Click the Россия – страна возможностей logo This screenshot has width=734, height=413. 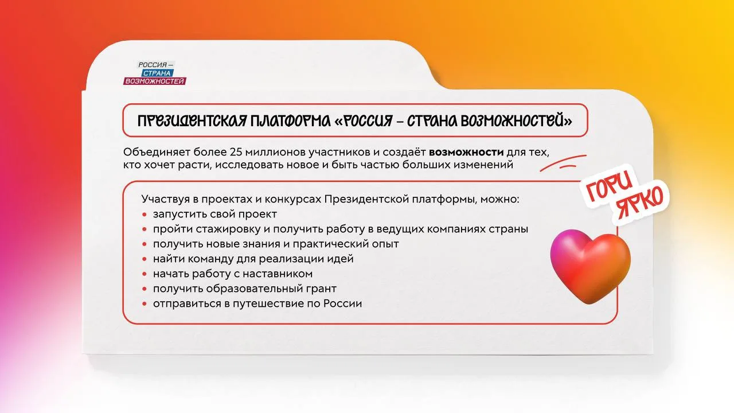coord(155,73)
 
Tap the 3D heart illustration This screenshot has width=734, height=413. coord(590,266)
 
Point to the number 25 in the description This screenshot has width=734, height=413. coord(235,152)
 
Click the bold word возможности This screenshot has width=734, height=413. coord(466,152)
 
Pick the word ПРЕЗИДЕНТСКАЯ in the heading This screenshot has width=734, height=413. coord(192,121)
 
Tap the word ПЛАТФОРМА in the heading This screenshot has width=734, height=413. coord(291,121)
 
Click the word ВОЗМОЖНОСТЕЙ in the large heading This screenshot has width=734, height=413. coord(516,121)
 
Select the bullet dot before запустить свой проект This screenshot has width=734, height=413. coord(145,215)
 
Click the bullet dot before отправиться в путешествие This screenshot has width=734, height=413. coord(145,304)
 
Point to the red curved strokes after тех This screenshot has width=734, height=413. coord(563,163)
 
